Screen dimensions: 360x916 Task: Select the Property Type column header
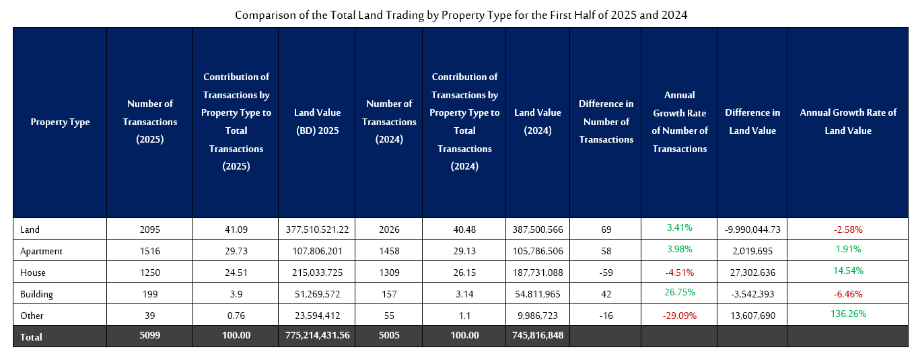pyautogui.click(x=60, y=122)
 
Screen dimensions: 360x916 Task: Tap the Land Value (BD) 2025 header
pyautogui.click(x=317, y=122)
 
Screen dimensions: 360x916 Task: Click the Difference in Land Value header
pyautogui.click(x=752, y=122)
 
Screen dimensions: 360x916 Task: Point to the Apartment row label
pyautogui.click(x=41, y=251)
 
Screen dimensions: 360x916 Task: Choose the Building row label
pyautogui.click(x=36, y=294)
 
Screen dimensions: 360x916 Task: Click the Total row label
pyautogui.click(x=31, y=337)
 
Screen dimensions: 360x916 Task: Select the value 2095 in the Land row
pyautogui.click(x=150, y=229)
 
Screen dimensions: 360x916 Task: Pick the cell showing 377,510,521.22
pyautogui.click(x=317, y=229)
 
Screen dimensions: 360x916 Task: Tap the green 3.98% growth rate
pyautogui.click(x=679, y=250)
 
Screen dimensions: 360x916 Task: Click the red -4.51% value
pyautogui.click(x=679, y=273)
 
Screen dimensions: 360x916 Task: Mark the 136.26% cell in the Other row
pyautogui.click(x=848, y=314)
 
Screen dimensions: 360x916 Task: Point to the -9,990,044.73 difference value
pyautogui.click(x=752, y=229)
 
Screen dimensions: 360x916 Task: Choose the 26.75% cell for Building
pyautogui.click(x=679, y=293)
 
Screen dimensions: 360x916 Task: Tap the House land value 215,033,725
pyautogui.click(x=317, y=273)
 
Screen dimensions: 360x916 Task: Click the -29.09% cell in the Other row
pyautogui.click(x=679, y=316)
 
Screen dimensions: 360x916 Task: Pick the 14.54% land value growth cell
pyautogui.click(x=848, y=271)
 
